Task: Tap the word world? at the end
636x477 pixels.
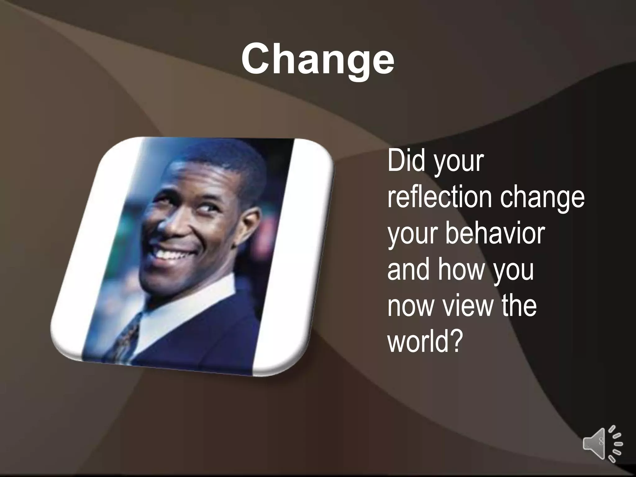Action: (x=424, y=341)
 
